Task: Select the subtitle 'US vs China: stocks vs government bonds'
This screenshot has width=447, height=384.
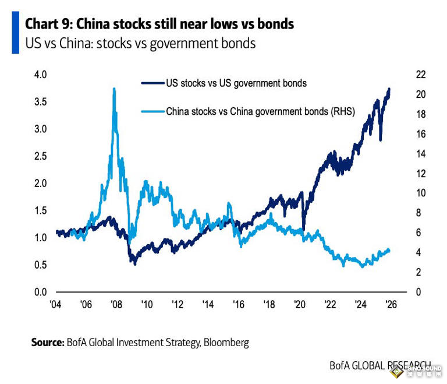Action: point(140,44)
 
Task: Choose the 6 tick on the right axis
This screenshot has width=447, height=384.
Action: point(418,232)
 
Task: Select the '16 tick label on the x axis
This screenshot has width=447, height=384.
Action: point(238,305)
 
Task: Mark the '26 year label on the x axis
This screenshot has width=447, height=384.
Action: point(391,305)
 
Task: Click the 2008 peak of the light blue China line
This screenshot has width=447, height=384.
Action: point(114,89)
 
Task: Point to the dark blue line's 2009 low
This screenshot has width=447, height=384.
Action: point(135,263)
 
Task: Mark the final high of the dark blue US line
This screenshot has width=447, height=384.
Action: point(389,89)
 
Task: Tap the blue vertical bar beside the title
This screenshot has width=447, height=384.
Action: point(15,34)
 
